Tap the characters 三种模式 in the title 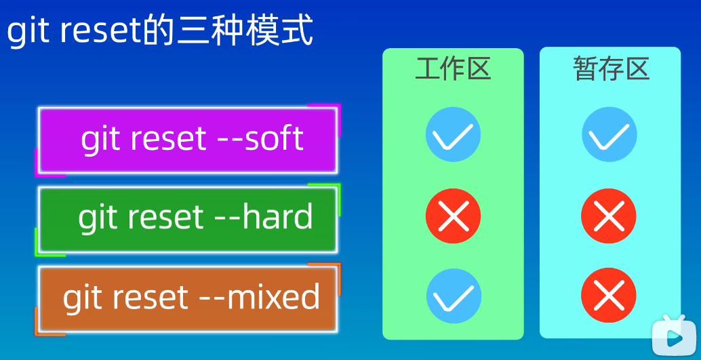pyautogui.click(x=244, y=31)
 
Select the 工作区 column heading pyautogui.click(x=453, y=69)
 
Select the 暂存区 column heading pyautogui.click(x=611, y=69)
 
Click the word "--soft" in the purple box pyautogui.click(x=260, y=138)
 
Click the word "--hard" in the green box pyautogui.click(x=264, y=216)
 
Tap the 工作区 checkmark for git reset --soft pyautogui.click(x=453, y=134)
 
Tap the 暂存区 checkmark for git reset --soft pyautogui.click(x=609, y=134)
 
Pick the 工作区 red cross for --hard pyautogui.click(x=453, y=216)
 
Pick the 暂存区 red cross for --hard pyautogui.click(x=609, y=216)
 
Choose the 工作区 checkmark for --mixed pyautogui.click(x=454, y=296)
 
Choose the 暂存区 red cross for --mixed pyautogui.click(x=609, y=295)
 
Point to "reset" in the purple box pyautogui.click(x=169, y=138)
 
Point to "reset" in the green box pyautogui.click(x=166, y=217)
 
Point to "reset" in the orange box pyautogui.click(x=151, y=297)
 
